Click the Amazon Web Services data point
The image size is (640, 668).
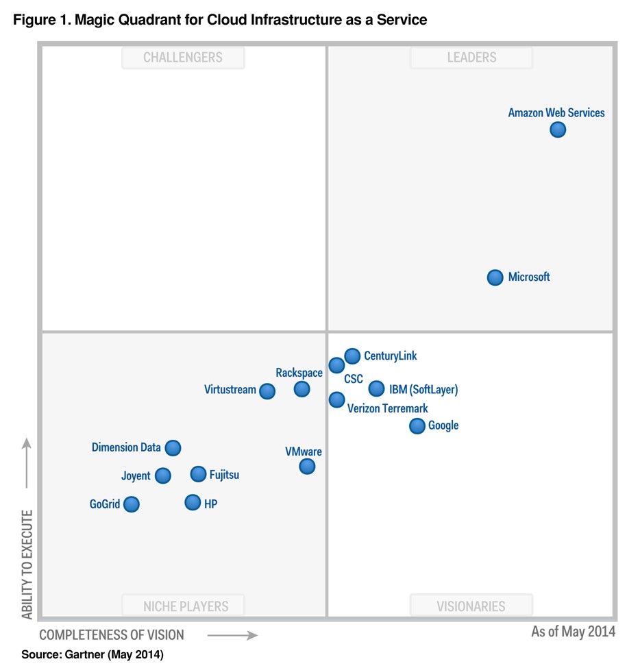pyautogui.click(x=558, y=129)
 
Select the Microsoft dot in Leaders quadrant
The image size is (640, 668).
pyautogui.click(x=495, y=277)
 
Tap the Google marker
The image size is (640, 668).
pyautogui.click(x=417, y=426)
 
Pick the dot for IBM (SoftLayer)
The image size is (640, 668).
pyautogui.click(x=376, y=389)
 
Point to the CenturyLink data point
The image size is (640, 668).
pyautogui.click(x=352, y=356)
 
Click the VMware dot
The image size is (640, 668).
pyautogui.click(x=307, y=467)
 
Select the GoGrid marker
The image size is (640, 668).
pyautogui.click(x=132, y=504)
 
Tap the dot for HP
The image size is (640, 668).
pyautogui.click(x=193, y=503)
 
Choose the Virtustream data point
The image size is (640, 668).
pyautogui.click(x=267, y=391)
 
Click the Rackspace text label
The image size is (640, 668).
pyautogui.click(x=299, y=373)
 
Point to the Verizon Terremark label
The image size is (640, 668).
pyautogui.click(x=387, y=409)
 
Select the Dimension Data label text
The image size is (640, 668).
pyautogui.click(x=126, y=448)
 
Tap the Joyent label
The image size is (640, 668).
pyautogui.click(x=136, y=476)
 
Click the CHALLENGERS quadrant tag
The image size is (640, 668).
pyautogui.click(x=183, y=58)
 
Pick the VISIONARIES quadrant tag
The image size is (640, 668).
pyautogui.click(x=471, y=606)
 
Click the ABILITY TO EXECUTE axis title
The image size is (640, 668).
pyautogui.click(x=27, y=563)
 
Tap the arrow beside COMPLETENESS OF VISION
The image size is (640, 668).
pyautogui.click(x=232, y=635)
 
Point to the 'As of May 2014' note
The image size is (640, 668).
pyautogui.click(x=573, y=632)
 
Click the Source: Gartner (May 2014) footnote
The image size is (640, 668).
pyautogui.click(x=93, y=655)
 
